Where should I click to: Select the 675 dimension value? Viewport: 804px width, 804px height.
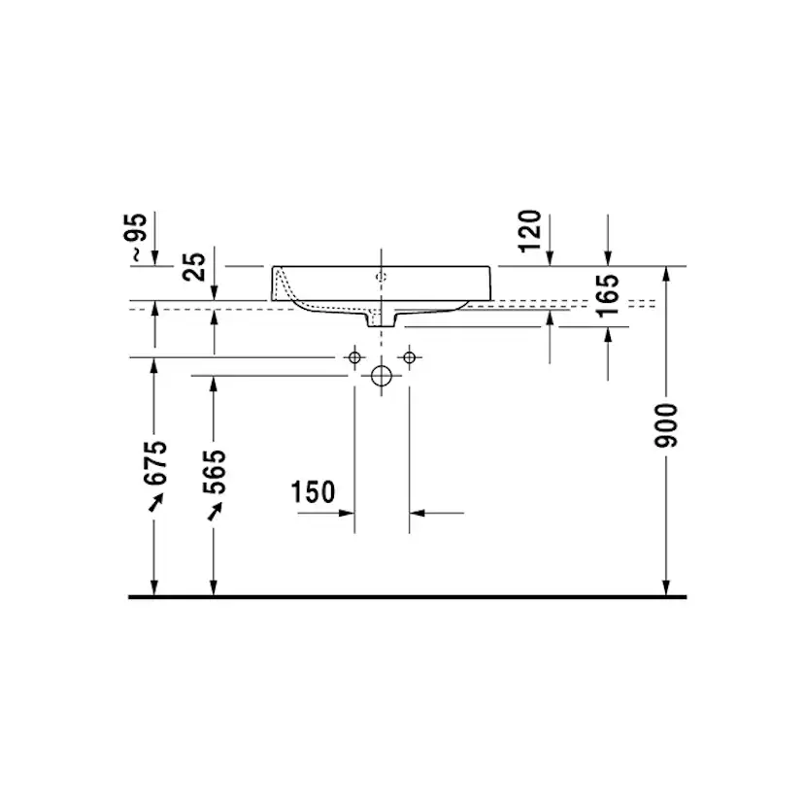155,464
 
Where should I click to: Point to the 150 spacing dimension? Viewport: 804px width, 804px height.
313,492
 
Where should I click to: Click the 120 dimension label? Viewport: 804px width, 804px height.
531,230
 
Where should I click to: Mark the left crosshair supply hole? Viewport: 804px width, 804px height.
355,358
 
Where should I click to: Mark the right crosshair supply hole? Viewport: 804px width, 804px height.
410,358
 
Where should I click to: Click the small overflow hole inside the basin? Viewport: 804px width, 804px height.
381,277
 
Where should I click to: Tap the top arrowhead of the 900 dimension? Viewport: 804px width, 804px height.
666,273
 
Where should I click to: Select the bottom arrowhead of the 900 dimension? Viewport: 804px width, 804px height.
666,586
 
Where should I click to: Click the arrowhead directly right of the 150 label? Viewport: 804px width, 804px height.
348,512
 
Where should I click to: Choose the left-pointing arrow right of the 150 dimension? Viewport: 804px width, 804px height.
418,512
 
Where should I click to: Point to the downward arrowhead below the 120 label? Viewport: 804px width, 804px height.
551,257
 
